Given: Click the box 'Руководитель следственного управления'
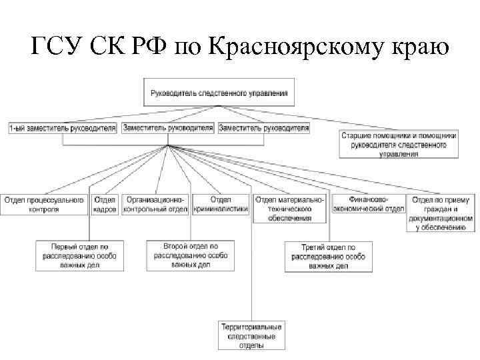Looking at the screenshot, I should coord(219,93).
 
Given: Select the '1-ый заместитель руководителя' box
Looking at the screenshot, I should coord(63,127).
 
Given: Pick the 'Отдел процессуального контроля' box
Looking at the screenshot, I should coord(44,204).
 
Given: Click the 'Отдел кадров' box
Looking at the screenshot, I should coord(105,204).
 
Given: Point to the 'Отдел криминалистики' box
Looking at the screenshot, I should coord(221,204).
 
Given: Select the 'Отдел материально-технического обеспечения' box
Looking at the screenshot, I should coord(291,208).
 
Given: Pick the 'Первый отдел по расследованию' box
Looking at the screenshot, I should coord(80,255).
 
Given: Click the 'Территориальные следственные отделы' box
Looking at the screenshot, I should coord(251,336).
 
